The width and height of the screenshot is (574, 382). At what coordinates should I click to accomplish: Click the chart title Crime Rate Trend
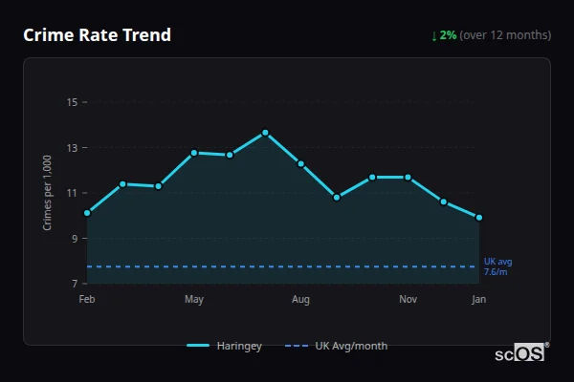pyautogui.click(x=97, y=35)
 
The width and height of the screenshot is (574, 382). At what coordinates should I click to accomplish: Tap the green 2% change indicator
pyautogui.click(x=444, y=35)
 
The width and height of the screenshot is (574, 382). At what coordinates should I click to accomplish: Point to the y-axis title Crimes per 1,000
pyautogui.click(x=47, y=193)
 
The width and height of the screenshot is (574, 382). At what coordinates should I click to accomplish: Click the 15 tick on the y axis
pyautogui.click(x=72, y=102)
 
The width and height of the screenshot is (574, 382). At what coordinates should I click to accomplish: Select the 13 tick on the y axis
pyautogui.click(x=72, y=148)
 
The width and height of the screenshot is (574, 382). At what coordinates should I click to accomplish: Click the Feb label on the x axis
pyautogui.click(x=87, y=300)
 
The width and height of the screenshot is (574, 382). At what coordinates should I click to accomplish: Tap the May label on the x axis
pyautogui.click(x=194, y=300)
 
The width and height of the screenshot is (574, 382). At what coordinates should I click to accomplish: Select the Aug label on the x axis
pyautogui.click(x=300, y=300)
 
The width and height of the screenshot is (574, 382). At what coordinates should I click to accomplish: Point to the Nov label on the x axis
pyautogui.click(x=408, y=300)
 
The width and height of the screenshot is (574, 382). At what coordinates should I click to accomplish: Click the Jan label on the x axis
pyautogui.click(x=478, y=300)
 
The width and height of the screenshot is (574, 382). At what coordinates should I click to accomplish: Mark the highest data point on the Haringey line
pyautogui.click(x=265, y=133)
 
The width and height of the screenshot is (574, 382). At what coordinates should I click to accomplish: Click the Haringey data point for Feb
pyautogui.click(x=87, y=213)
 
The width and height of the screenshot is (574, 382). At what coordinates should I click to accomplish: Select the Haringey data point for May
pyautogui.click(x=194, y=153)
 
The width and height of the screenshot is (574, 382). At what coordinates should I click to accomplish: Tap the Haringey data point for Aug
pyautogui.click(x=300, y=164)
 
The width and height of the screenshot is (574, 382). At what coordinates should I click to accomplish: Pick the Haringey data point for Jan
pyautogui.click(x=478, y=218)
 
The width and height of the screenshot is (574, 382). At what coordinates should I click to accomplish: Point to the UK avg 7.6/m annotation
pyautogui.click(x=497, y=266)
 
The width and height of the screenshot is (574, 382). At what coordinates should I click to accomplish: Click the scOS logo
pyautogui.click(x=520, y=353)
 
